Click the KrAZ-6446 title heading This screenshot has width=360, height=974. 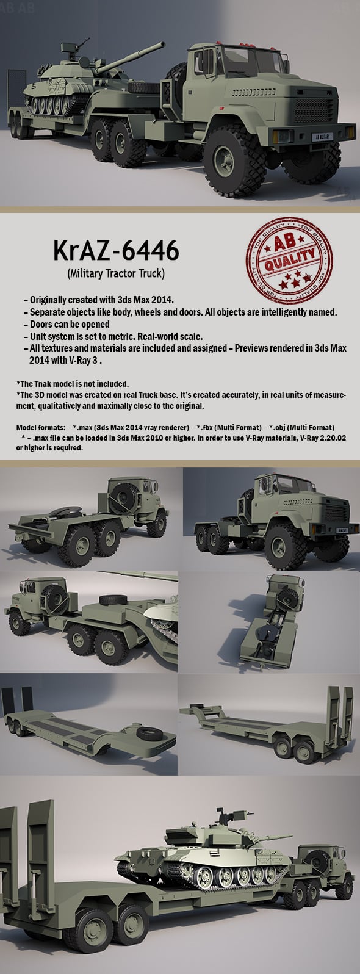(x=115, y=251)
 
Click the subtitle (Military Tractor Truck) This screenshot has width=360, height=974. (x=115, y=273)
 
